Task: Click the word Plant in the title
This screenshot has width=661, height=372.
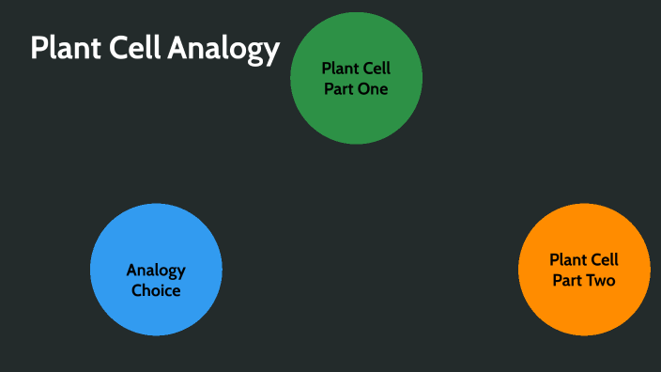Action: point(63,48)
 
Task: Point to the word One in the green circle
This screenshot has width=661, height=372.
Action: point(373,89)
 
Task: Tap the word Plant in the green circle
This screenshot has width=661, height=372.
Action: point(339,69)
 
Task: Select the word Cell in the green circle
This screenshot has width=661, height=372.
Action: point(376,69)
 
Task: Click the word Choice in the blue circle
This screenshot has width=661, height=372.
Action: point(156,290)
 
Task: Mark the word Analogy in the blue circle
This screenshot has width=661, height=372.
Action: point(156,271)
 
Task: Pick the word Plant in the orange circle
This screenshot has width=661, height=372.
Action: point(567,260)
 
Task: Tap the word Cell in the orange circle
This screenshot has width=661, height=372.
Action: point(604,260)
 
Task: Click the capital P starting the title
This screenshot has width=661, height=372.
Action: point(38,48)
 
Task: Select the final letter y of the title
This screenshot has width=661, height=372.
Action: point(272,52)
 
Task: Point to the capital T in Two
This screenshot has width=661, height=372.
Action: point(592,280)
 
